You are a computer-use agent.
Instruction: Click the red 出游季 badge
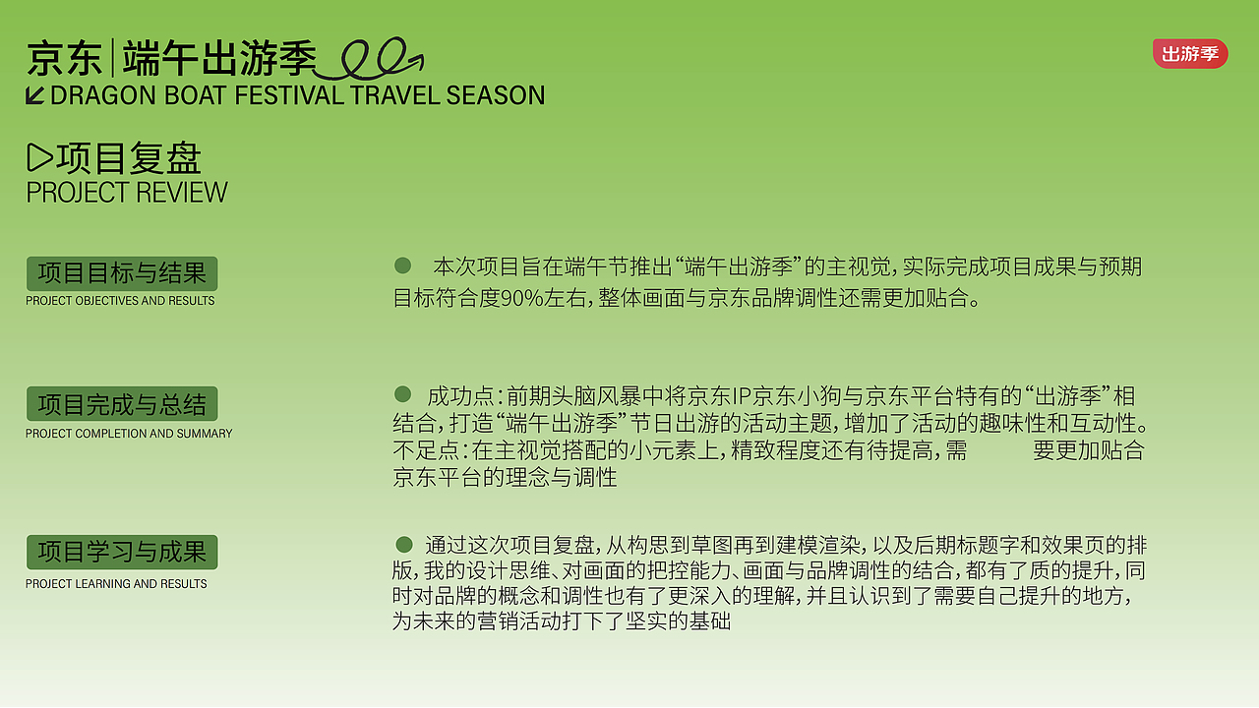tap(1190, 53)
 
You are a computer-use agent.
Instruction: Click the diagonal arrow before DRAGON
tap(35, 95)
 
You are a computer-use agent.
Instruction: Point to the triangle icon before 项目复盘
tap(39, 157)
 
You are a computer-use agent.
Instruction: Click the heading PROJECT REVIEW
tap(127, 193)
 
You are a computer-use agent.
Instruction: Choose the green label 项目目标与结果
tap(122, 273)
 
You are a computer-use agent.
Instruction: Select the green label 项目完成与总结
tap(122, 404)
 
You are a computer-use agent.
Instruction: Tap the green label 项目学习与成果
tap(122, 552)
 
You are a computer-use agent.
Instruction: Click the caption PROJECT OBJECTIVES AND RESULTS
tap(120, 301)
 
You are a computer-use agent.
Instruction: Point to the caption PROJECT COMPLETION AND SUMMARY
tap(129, 434)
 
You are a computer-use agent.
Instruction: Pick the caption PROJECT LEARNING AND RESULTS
tap(116, 584)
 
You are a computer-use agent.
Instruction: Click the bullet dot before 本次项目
tap(402, 265)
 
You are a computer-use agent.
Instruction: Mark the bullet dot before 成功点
tap(402, 394)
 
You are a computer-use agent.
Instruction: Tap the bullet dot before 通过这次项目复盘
tap(403, 544)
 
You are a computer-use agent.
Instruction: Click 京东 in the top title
tap(65, 59)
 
